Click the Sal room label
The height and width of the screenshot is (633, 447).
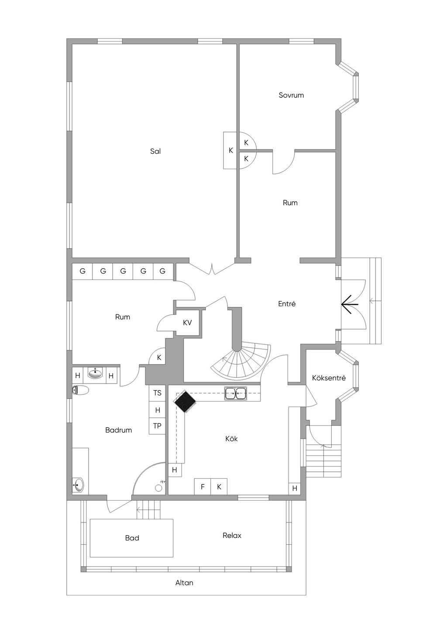click(x=155, y=152)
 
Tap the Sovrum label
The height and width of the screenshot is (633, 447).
click(x=291, y=95)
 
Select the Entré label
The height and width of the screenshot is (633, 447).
click(x=287, y=304)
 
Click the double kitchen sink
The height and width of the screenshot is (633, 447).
click(x=235, y=393)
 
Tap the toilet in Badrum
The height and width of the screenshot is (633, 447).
click(x=80, y=390)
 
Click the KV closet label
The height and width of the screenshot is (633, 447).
click(x=187, y=323)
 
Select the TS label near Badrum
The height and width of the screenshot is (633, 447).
click(x=157, y=393)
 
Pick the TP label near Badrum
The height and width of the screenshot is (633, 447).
click(x=157, y=425)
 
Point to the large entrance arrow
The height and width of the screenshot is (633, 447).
click(x=350, y=304)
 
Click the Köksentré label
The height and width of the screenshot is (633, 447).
click(x=329, y=378)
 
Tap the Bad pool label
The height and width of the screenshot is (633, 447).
click(x=132, y=538)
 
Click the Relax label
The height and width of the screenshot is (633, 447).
click(x=232, y=536)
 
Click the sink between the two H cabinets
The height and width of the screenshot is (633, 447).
click(x=95, y=374)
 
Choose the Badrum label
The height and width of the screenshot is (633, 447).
click(x=119, y=430)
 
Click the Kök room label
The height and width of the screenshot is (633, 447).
click(x=231, y=439)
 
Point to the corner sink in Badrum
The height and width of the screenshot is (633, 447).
click(x=78, y=485)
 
